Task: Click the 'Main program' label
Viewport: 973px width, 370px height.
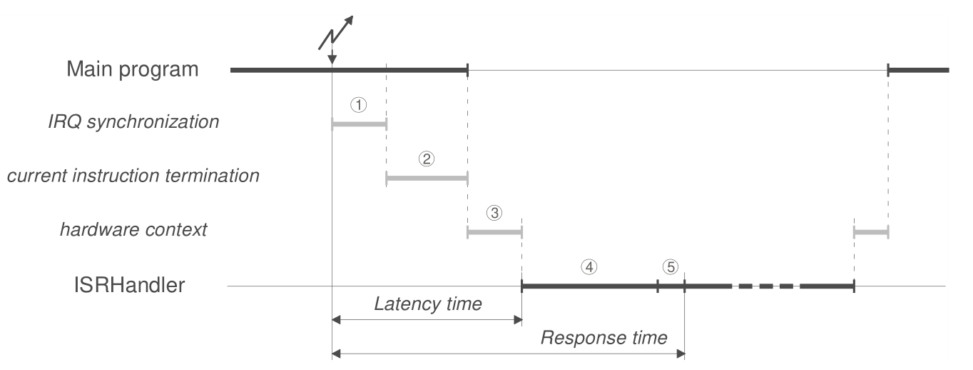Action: click(x=132, y=69)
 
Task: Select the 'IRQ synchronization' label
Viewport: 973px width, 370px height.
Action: click(x=133, y=121)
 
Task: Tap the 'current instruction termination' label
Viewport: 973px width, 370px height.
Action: click(x=133, y=176)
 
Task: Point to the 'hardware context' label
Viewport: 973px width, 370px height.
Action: click(x=133, y=229)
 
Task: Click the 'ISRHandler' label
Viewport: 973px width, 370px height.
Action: click(x=129, y=285)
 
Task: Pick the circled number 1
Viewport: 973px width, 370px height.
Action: click(x=358, y=105)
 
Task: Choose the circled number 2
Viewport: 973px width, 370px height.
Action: click(x=426, y=159)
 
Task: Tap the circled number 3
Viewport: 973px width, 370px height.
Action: click(x=494, y=213)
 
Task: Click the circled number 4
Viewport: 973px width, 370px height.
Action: click(x=589, y=267)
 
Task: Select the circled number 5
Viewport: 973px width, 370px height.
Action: click(x=671, y=267)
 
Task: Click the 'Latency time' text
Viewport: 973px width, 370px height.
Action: click(x=428, y=304)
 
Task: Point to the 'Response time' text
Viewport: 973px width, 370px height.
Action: click(x=603, y=338)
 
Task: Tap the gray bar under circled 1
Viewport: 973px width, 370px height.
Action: click(x=360, y=124)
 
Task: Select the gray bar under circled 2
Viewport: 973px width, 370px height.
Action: click(x=427, y=179)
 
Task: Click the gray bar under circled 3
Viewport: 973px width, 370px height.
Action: click(x=495, y=232)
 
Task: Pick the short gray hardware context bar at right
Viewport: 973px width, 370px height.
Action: click(x=871, y=232)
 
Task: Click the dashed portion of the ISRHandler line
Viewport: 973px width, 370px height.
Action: click(x=766, y=286)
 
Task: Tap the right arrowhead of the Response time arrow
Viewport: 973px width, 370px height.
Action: click(x=681, y=354)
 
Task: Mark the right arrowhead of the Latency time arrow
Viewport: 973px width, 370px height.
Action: click(x=518, y=320)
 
